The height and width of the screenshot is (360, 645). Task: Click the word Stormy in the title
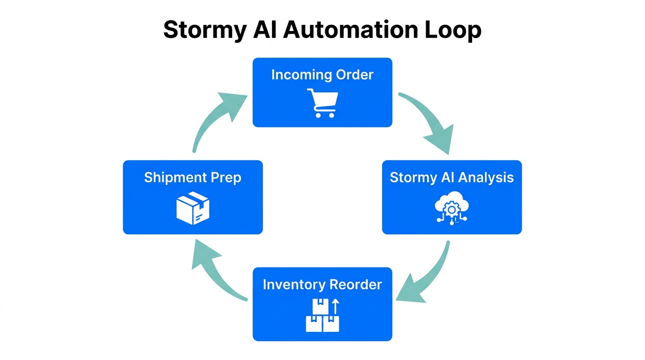pos(204,30)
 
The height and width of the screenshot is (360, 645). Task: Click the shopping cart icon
pos(322,103)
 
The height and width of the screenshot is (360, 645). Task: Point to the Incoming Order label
pos(322,75)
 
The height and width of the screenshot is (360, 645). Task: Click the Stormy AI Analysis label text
pos(451,178)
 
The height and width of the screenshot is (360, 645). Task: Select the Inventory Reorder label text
pos(322,285)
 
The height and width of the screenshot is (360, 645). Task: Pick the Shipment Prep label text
pos(193,178)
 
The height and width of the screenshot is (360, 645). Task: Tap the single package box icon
pos(193,209)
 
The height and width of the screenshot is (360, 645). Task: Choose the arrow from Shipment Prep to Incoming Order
pos(216,117)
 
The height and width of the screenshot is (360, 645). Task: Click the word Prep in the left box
pos(226,178)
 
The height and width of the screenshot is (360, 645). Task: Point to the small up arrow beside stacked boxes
pos(335,307)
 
